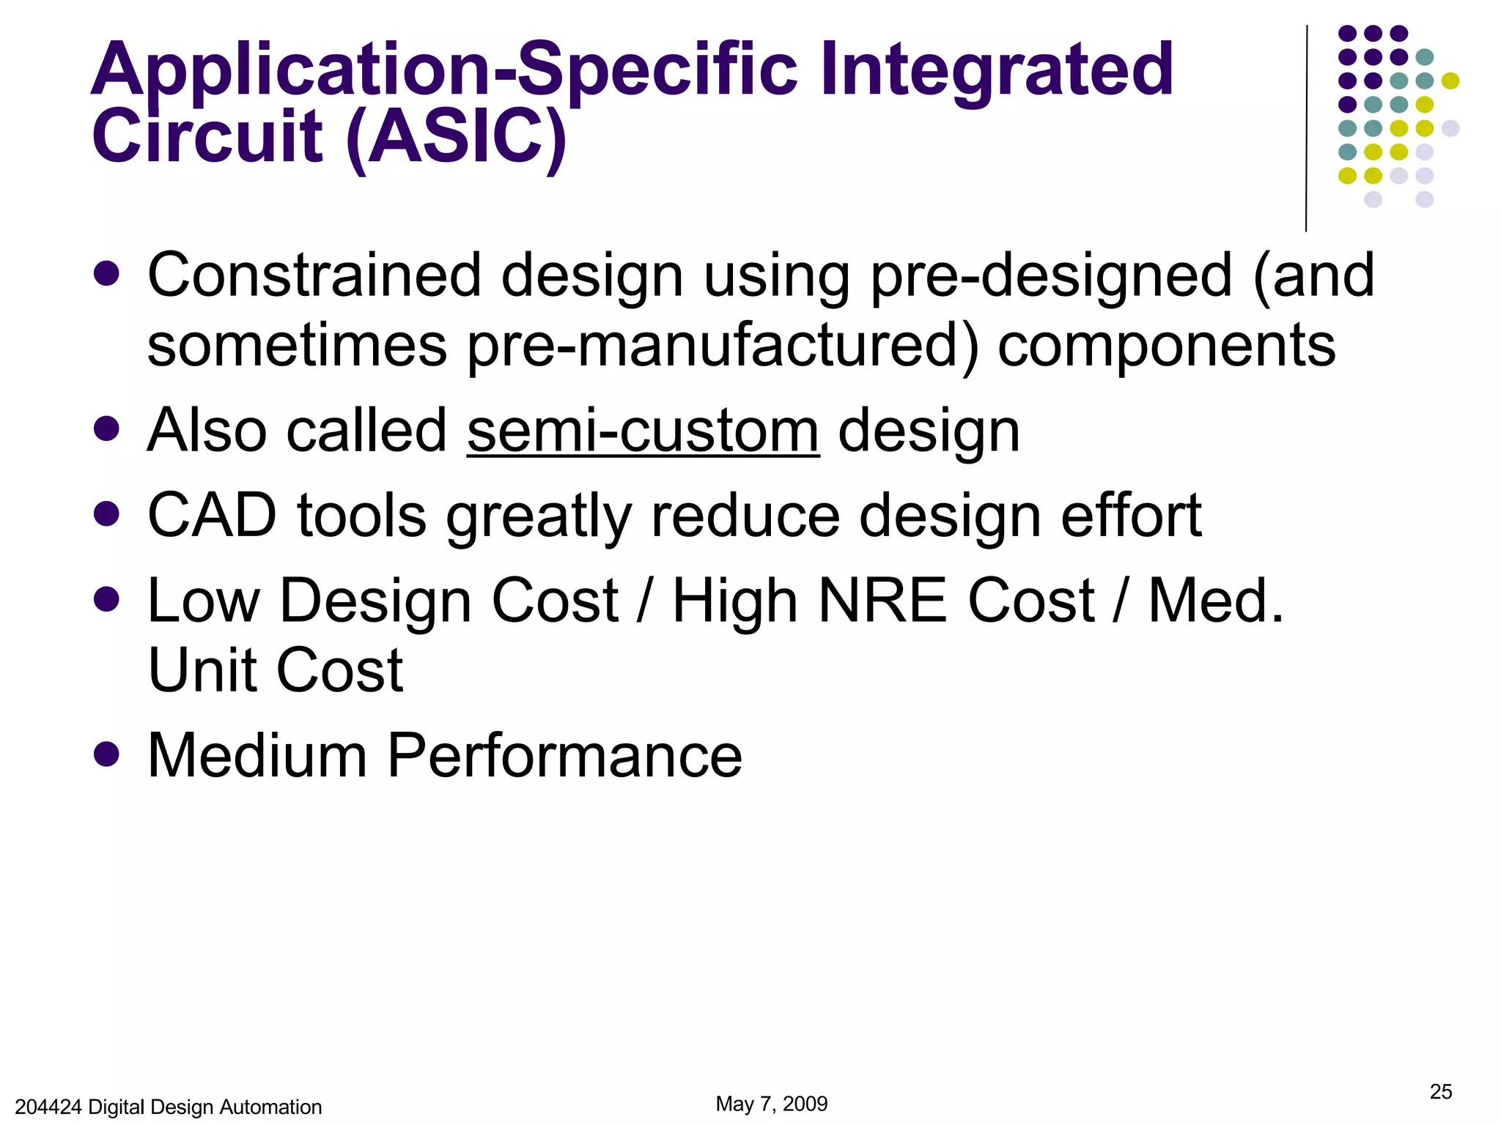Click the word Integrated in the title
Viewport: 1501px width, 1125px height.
coord(997,71)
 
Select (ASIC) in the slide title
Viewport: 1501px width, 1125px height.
coord(456,137)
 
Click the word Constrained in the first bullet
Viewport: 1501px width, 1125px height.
coord(314,275)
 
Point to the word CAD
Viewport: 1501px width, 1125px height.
coord(213,516)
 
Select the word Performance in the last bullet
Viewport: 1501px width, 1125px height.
coord(564,756)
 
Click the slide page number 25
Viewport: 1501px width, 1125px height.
coord(1440,1092)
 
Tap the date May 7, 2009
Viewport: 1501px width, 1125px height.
coord(771,1104)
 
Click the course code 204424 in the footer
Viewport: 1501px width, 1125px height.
coord(48,1107)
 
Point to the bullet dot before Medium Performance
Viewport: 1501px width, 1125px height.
coord(107,754)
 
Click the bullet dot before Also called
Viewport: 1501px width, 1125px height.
coord(107,429)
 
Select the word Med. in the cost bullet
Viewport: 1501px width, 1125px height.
coord(1215,601)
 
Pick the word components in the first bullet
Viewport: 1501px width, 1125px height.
coord(1167,345)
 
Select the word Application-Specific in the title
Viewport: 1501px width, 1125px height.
coord(444,71)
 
